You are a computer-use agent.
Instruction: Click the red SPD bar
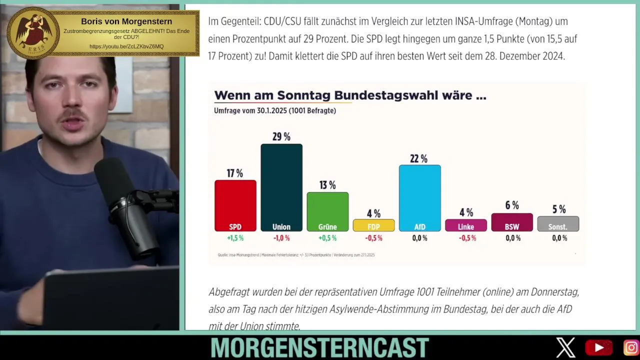click(x=235, y=205)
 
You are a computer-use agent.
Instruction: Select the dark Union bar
click(x=281, y=187)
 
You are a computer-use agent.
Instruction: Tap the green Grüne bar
click(x=327, y=211)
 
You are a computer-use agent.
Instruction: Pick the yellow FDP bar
click(x=373, y=225)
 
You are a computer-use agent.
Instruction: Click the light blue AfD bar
click(x=419, y=197)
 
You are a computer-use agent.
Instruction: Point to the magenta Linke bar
click(x=466, y=225)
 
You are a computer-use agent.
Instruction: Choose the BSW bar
click(x=512, y=222)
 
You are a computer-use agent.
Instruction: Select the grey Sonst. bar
click(x=558, y=223)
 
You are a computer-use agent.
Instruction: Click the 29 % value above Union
click(x=281, y=136)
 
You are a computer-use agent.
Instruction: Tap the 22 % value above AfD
click(x=419, y=158)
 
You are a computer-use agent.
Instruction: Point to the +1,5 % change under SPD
click(x=235, y=238)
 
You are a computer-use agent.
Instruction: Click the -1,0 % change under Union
click(x=281, y=238)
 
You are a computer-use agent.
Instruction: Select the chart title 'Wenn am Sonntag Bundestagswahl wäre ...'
click(x=350, y=95)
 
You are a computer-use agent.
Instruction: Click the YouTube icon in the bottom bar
click(x=598, y=347)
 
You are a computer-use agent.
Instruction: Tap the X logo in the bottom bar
click(x=566, y=347)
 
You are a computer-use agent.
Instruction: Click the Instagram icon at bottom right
click(x=631, y=347)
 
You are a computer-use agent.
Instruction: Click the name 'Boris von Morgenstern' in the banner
click(x=126, y=21)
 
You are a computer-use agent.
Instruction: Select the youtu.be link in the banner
click(x=126, y=46)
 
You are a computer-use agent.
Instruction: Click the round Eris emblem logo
click(x=33, y=32)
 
